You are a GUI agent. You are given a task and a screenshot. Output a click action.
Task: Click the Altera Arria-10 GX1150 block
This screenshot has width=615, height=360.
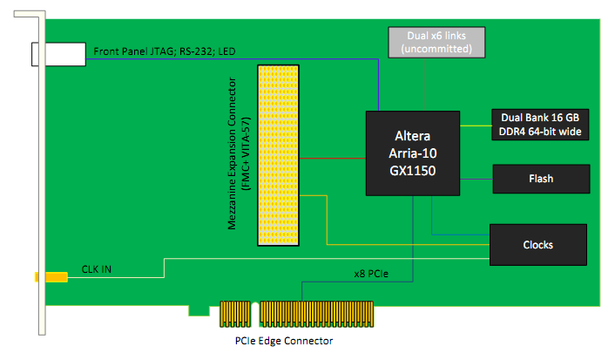point(412,153)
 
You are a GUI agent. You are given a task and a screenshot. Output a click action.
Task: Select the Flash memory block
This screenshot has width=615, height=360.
point(540,179)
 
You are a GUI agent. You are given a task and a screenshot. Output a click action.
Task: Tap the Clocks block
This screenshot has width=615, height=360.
point(537,244)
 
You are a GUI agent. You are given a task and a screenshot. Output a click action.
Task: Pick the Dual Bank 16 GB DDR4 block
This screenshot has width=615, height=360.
point(540,124)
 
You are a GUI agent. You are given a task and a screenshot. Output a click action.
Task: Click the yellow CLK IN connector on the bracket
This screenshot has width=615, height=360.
point(51,277)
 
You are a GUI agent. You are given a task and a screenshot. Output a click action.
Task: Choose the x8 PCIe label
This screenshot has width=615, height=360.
point(371,274)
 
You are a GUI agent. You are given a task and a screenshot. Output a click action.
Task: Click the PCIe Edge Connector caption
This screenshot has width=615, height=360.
point(284,340)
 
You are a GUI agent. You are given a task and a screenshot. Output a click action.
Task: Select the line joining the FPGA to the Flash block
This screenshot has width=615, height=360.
point(476,179)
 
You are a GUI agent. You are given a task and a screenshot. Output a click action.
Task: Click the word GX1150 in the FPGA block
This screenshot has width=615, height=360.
point(412,171)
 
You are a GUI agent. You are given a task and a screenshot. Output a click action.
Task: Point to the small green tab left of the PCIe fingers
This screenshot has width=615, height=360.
point(199,309)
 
